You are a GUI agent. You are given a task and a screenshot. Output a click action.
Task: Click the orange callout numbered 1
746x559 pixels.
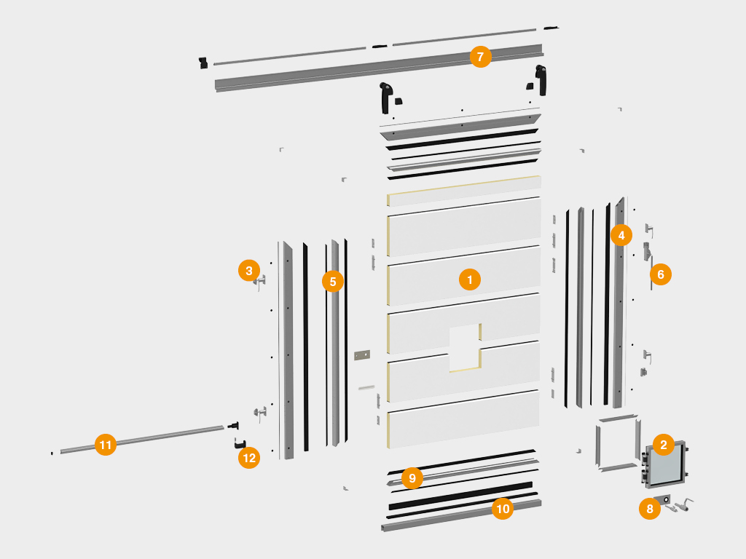470,280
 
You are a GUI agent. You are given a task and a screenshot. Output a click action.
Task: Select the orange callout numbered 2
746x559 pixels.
664,445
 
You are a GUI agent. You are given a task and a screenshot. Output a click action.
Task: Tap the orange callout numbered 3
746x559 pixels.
249,271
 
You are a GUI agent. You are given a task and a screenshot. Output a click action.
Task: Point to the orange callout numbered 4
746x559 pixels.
621,235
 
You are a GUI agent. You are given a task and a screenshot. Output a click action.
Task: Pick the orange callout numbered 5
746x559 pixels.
333,282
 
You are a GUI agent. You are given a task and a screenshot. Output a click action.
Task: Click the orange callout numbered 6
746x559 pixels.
660,274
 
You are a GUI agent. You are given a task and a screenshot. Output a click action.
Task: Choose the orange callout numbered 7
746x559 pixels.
481,57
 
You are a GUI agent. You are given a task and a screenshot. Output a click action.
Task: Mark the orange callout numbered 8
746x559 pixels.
650,509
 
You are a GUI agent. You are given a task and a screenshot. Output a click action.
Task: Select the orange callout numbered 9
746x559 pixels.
412,478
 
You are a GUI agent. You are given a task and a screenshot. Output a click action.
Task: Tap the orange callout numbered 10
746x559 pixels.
503,509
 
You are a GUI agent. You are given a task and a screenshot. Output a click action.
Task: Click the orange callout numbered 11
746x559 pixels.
106,445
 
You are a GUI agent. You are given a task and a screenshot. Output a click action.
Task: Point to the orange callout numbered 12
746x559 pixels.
249,458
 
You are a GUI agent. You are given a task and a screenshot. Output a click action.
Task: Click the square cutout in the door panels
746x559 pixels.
464,347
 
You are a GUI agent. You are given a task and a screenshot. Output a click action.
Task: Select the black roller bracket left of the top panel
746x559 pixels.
385,98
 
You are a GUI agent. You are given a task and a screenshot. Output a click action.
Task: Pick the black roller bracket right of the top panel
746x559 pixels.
541,80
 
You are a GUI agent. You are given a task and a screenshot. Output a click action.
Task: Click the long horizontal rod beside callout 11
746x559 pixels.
142,439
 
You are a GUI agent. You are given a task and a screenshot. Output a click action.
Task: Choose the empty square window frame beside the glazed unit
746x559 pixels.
618,443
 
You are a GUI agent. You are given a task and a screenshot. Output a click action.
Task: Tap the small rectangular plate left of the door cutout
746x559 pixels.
362,355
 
